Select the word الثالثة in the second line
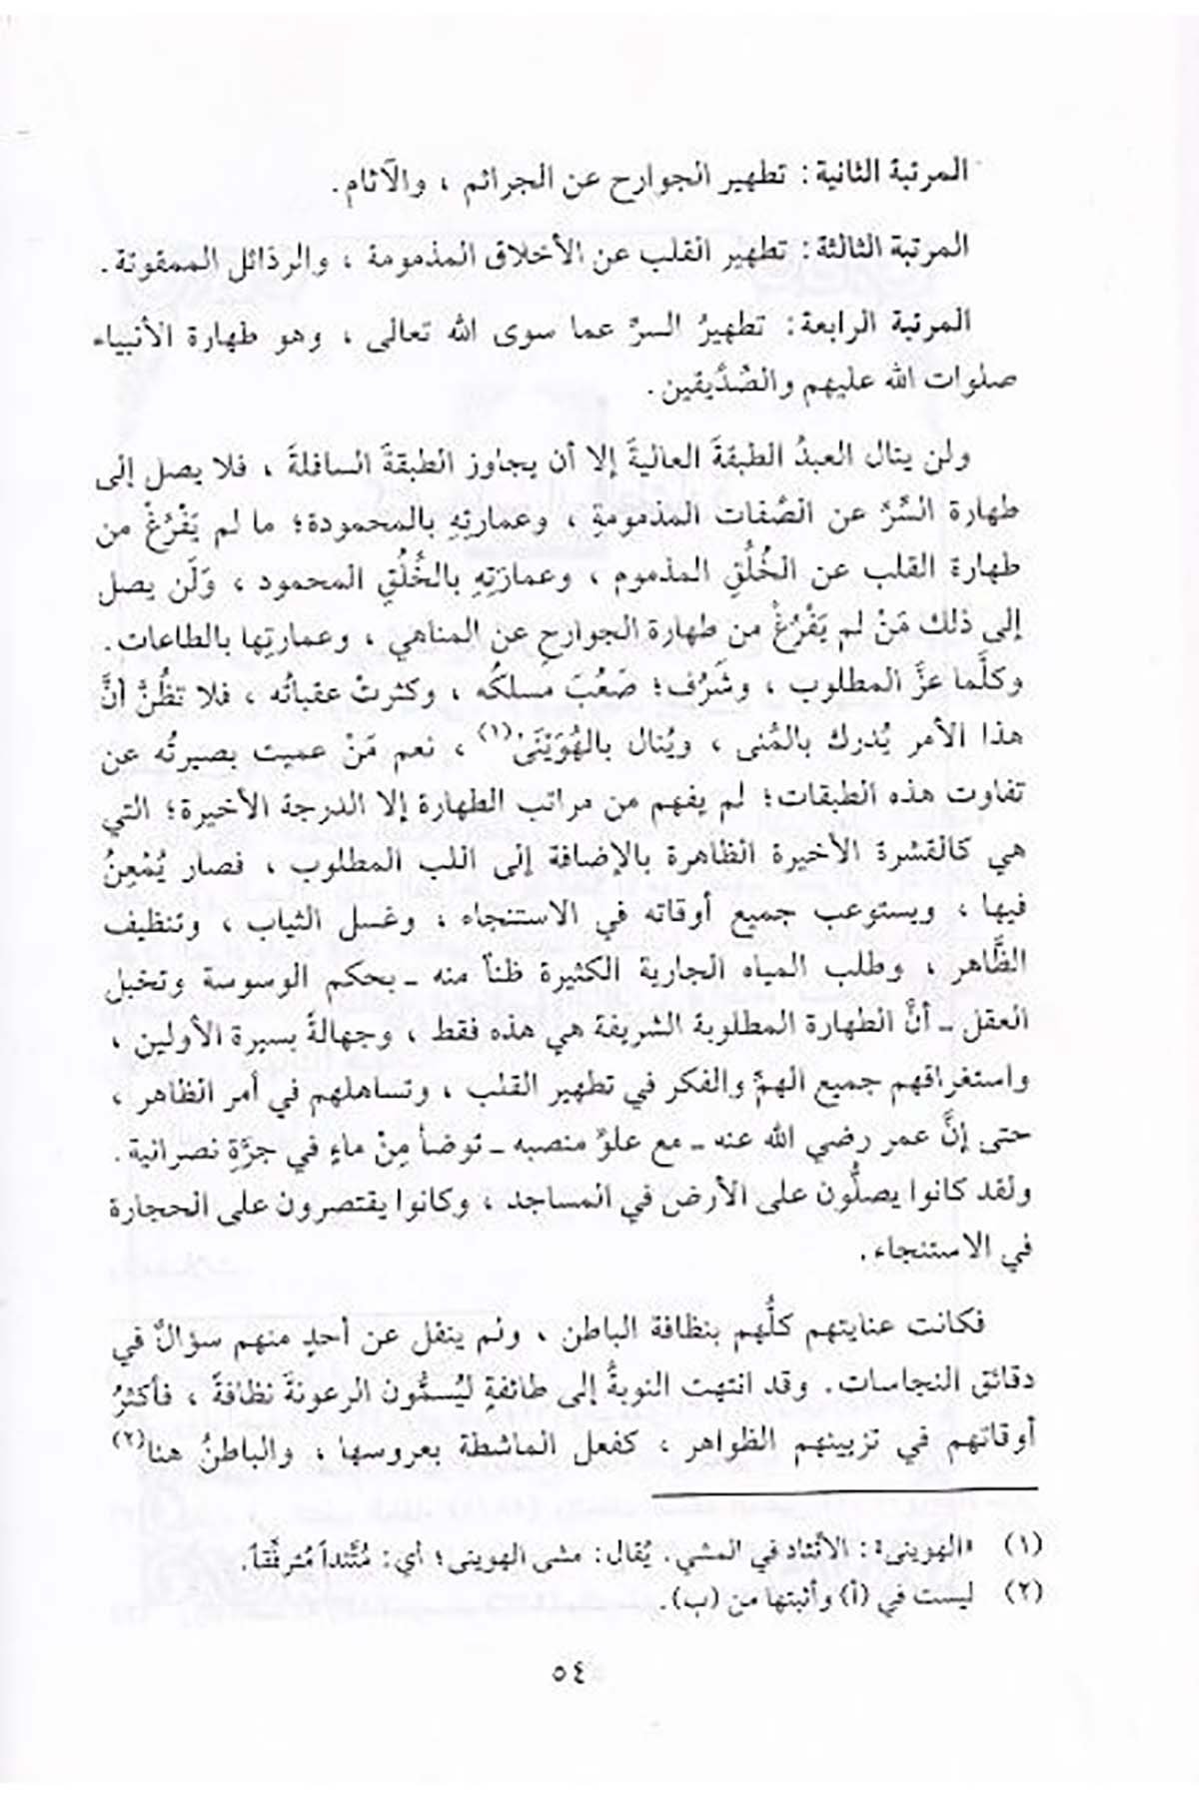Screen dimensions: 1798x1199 (854, 248)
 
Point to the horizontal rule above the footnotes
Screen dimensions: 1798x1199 (844, 1490)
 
